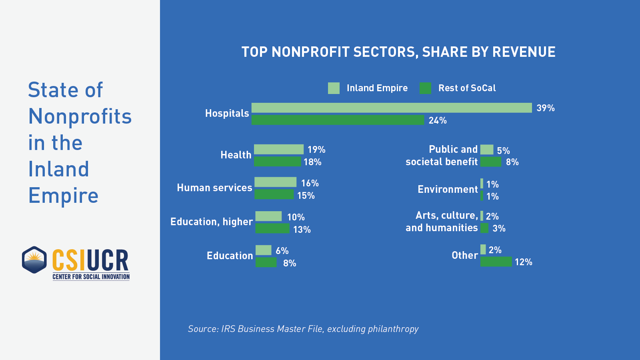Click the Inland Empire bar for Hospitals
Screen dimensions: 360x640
pos(391,108)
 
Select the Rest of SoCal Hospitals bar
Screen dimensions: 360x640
pos(338,120)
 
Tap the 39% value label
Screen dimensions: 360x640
pos(545,108)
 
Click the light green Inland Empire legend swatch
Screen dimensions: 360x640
pos(334,88)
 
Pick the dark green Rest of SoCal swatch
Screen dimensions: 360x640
pos(425,88)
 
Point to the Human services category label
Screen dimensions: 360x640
pos(214,188)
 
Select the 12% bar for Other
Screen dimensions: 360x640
pos(496,262)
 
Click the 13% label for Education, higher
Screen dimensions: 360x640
pos(302,230)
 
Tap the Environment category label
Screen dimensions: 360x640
pos(448,189)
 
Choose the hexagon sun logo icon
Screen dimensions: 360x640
pos(34,260)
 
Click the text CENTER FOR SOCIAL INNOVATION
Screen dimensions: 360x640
pos(91,277)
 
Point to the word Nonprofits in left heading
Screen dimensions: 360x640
pos(80,116)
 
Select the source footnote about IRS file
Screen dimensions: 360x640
pos(303,329)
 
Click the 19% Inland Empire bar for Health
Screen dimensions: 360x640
pos(278,149)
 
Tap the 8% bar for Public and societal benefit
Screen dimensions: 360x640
pos(490,162)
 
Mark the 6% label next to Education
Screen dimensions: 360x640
pos(282,251)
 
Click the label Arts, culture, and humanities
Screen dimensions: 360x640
pos(442,222)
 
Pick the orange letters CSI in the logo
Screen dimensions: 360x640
pos(69,260)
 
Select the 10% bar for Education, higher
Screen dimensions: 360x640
pos(268,216)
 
